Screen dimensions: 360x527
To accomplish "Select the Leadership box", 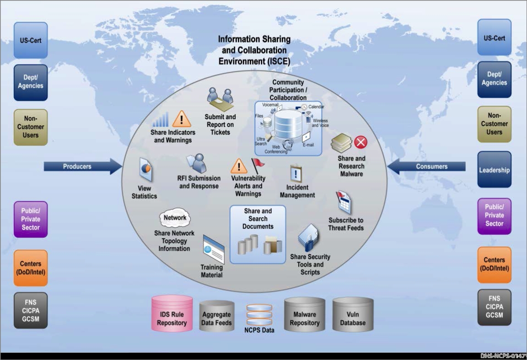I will pyautogui.click(x=494, y=170).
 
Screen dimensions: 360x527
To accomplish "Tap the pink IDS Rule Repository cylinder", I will pyautogui.click(x=172, y=314).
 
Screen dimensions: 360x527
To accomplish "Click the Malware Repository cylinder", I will pyautogui.click(x=305, y=315).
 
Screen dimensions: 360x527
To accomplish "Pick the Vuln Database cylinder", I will pyautogui.click(x=353, y=315).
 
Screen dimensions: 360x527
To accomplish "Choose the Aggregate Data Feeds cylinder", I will pyautogui.click(x=217, y=316).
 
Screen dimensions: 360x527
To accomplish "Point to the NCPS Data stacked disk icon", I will pyautogui.click(x=259, y=315).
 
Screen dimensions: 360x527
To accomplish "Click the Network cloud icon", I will pyautogui.click(x=175, y=218).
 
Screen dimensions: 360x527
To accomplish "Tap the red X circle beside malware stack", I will pyautogui.click(x=361, y=142).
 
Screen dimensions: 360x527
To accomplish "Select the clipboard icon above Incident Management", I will pyautogui.click(x=296, y=174).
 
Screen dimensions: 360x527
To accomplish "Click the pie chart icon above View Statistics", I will pyautogui.click(x=145, y=170).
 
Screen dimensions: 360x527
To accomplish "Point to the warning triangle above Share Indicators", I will pyautogui.click(x=182, y=119).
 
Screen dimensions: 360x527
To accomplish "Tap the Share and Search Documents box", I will pyautogui.click(x=258, y=234).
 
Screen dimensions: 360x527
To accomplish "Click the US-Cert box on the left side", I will pyautogui.click(x=31, y=40).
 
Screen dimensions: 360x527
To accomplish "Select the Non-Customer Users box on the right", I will pyautogui.click(x=494, y=124).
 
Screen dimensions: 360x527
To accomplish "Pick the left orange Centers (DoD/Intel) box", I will pyautogui.click(x=31, y=268).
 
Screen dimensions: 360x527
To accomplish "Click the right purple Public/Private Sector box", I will pyautogui.click(x=494, y=216).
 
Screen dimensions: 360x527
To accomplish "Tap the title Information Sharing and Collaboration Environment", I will pyautogui.click(x=254, y=50).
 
